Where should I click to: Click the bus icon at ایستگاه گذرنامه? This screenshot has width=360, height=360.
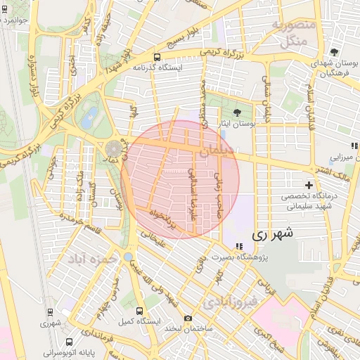coord(156,57)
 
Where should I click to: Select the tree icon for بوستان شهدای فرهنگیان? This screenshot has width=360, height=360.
coord(334,52)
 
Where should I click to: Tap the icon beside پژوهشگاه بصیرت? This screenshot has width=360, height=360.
coord(240,246)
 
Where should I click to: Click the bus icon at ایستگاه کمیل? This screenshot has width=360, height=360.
coord(139,310)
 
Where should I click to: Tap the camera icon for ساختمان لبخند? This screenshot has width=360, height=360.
coord(188,318)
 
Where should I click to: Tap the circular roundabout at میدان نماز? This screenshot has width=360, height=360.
coord(113,148)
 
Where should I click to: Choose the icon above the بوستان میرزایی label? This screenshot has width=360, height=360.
coord(355,146)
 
